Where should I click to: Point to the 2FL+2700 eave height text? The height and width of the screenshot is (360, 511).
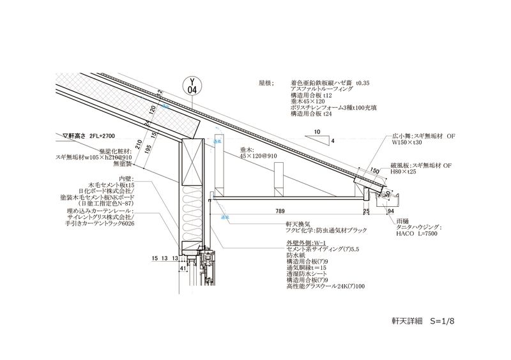102,135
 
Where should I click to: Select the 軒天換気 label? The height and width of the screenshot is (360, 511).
296,225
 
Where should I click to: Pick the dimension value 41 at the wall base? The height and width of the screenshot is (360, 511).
183,269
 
